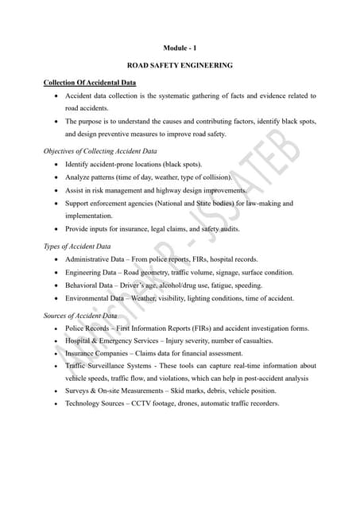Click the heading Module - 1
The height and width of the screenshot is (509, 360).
(x=180, y=49)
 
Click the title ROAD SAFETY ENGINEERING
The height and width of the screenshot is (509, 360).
(x=180, y=65)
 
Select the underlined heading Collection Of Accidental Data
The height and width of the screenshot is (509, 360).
(x=90, y=82)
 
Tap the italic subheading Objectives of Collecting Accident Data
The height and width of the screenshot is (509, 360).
(x=100, y=150)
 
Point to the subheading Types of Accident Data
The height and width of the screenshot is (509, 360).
(x=77, y=247)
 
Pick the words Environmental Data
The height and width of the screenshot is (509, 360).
(x=96, y=298)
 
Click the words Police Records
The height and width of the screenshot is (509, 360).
(x=87, y=328)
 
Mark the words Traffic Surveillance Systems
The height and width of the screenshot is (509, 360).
(x=110, y=366)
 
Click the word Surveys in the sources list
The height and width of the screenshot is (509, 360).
(x=78, y=390)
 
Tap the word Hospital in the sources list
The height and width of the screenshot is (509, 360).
(x=79, y=340)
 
